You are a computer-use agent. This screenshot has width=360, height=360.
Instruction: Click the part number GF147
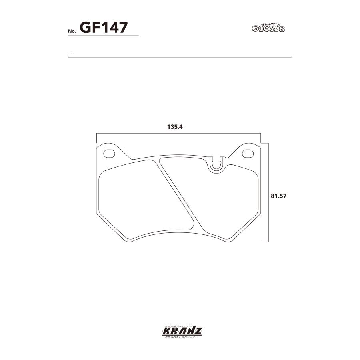point(103,28)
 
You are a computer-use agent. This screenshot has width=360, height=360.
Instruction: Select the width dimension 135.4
point(175,127)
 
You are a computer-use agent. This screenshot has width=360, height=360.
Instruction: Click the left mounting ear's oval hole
point(109,153)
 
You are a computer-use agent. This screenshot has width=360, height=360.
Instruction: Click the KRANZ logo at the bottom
point(180,331)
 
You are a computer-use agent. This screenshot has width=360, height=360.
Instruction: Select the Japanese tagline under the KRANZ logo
point(180,338)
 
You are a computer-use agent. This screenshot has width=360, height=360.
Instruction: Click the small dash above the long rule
point(71,54)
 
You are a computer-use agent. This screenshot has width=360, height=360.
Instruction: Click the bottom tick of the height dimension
point(264,242)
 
